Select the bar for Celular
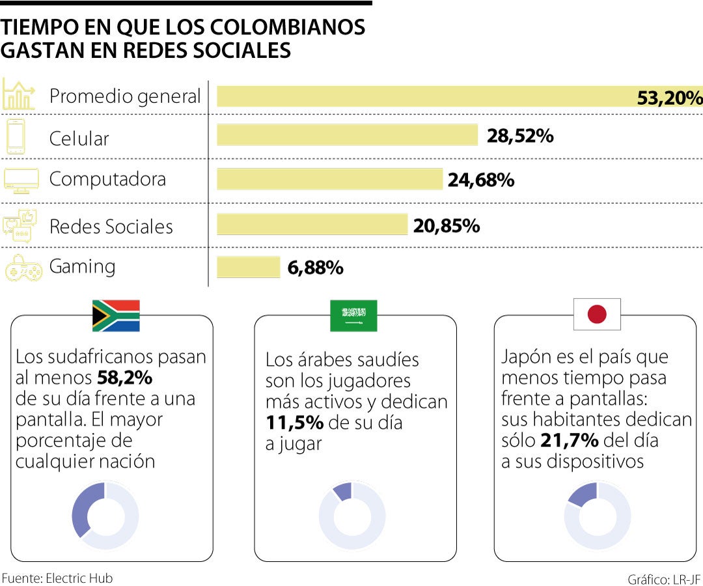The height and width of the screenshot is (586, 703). tap(347, 135)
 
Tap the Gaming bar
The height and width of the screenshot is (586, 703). tap(248, 267)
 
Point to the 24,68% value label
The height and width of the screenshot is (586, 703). tap(481, 180)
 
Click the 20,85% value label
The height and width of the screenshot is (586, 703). tap(447, 225)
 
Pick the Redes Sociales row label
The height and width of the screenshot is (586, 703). tap(111, 227)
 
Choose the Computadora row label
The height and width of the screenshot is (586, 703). tap(107, 179)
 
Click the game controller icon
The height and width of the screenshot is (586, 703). tap(23, 268)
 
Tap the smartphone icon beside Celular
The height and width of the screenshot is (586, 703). tap(16, 137)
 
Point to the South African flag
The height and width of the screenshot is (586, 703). tap(116, 316)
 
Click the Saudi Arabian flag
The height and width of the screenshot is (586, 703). tap(353, 316)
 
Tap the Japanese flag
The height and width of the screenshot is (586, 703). tap(597, 314)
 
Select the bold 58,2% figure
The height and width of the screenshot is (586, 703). tap(124, 378)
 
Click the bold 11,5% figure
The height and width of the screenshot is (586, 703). tap(294, 423)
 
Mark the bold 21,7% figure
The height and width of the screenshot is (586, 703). tap(569, 441)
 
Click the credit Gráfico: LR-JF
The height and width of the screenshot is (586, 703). tap(664, 579)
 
